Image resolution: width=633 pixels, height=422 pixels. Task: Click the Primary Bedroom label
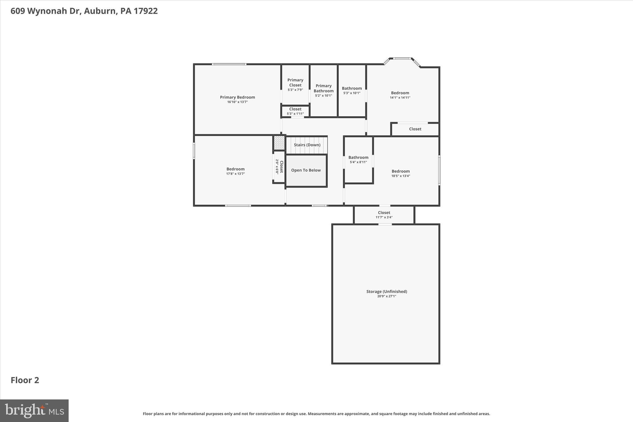[x=237, y=97]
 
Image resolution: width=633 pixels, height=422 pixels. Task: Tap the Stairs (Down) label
[x=307, y=145]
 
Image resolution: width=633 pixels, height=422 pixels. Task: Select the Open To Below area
[x=306, y=170]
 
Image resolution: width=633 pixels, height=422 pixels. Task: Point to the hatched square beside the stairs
[x=279, y=143]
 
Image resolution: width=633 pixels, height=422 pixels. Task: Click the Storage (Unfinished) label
[x=386, y=292]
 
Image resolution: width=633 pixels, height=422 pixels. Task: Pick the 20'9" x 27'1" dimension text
[x=386, y=296]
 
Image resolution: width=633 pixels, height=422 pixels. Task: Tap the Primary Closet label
[x=295, y=83]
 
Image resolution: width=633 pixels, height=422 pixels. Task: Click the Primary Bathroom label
[x=323, y=88]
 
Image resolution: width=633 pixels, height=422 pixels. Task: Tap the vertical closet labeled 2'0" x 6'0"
[x=279, y=167]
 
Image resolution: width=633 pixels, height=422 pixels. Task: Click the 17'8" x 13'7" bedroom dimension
[x=235, y=174]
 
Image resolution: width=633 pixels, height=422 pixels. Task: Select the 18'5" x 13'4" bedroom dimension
[x=401, y=176]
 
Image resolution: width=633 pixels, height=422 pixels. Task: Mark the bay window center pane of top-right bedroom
[x=402, y=58]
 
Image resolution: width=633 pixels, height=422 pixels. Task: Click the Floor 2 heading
[x=25, y=380]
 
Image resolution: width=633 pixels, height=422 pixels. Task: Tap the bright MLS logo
[x=34, y=411]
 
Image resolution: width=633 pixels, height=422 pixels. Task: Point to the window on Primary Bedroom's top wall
[x=229, y=64]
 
